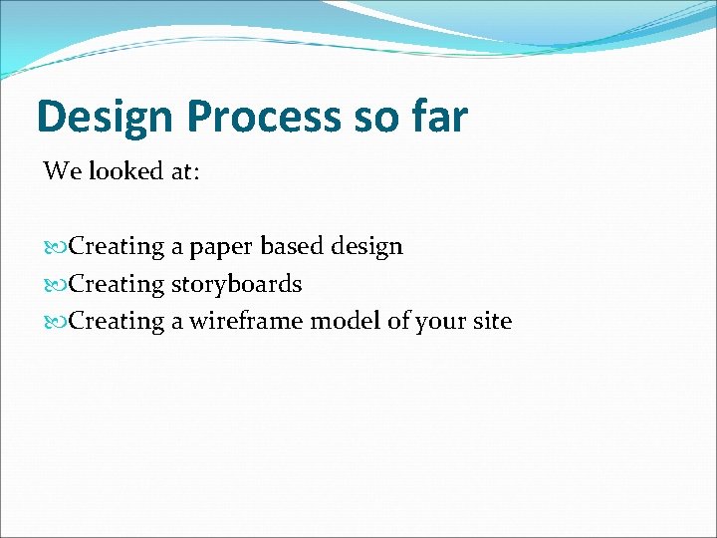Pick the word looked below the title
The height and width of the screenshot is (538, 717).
pyautogui.click(x=124, y=171)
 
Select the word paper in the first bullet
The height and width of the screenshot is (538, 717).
pyautogui.click(x=221, y=247)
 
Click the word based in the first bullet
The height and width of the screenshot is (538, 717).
pyautogui.click(x=292, y=246)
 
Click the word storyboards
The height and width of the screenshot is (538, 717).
pyautogui.click(x=236, y=284)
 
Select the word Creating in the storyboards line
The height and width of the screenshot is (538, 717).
pyautogui.click(x=118, y=284)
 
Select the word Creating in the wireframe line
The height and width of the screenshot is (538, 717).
pyautogui.click(x=118, y=321)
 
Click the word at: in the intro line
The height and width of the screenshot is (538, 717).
pyautogui.click(x=184, y=171)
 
